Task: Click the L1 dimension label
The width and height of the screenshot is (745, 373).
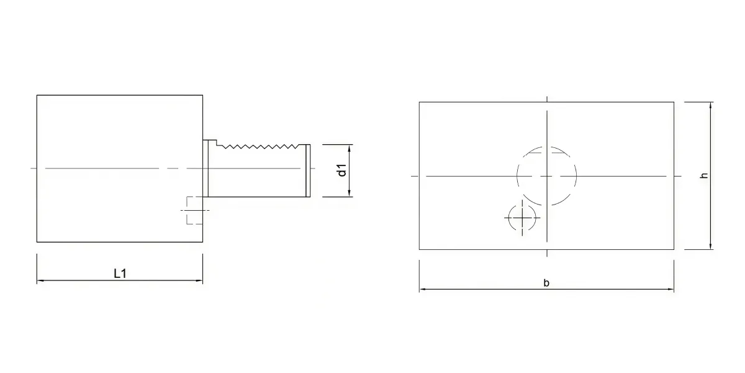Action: point(120,274)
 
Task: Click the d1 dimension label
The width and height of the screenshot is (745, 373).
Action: point(342,170)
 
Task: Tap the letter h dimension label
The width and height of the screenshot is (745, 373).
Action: point(704,175)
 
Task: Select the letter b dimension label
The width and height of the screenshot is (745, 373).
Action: point(546,283)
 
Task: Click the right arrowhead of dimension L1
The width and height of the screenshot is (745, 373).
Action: point(199,280)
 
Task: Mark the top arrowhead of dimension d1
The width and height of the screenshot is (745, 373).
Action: point(349,148)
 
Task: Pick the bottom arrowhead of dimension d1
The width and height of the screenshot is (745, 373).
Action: point(349,193)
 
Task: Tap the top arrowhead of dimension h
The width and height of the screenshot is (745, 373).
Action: point(711,106)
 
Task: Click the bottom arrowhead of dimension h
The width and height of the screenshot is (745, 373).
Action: point(711,246)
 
